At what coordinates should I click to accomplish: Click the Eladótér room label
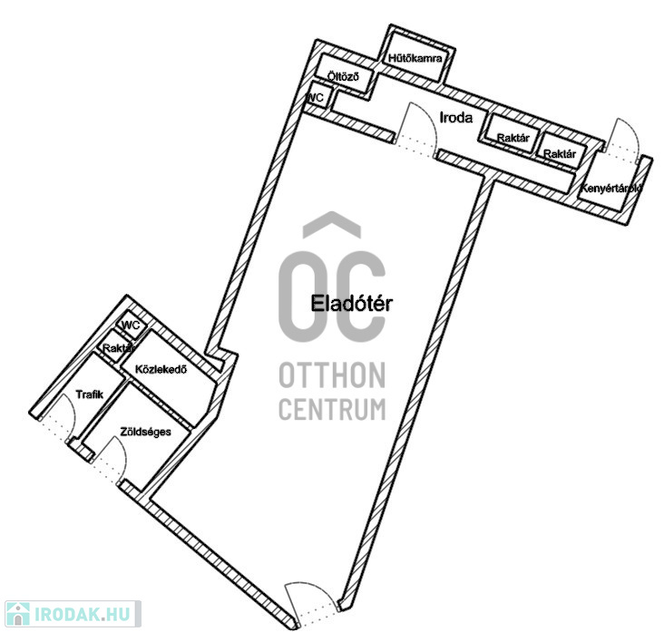(351, 304)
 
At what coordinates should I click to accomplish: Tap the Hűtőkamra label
(415, 58)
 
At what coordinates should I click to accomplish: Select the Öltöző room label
(343, 76)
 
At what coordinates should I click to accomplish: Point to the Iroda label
(456, 117)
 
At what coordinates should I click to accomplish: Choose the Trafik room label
(90, 394)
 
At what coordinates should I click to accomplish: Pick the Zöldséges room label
(146, 432)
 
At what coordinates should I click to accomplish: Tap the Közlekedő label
(161, 369)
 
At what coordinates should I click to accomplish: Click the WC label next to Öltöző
(315, 98)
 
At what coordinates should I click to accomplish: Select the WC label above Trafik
(131, 326)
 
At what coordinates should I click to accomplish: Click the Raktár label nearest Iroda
(513, 138)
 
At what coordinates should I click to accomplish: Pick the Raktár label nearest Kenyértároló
(560, 153)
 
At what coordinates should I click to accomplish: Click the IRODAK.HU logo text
(82, 614)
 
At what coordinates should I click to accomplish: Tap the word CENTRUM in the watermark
(332, 409)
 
